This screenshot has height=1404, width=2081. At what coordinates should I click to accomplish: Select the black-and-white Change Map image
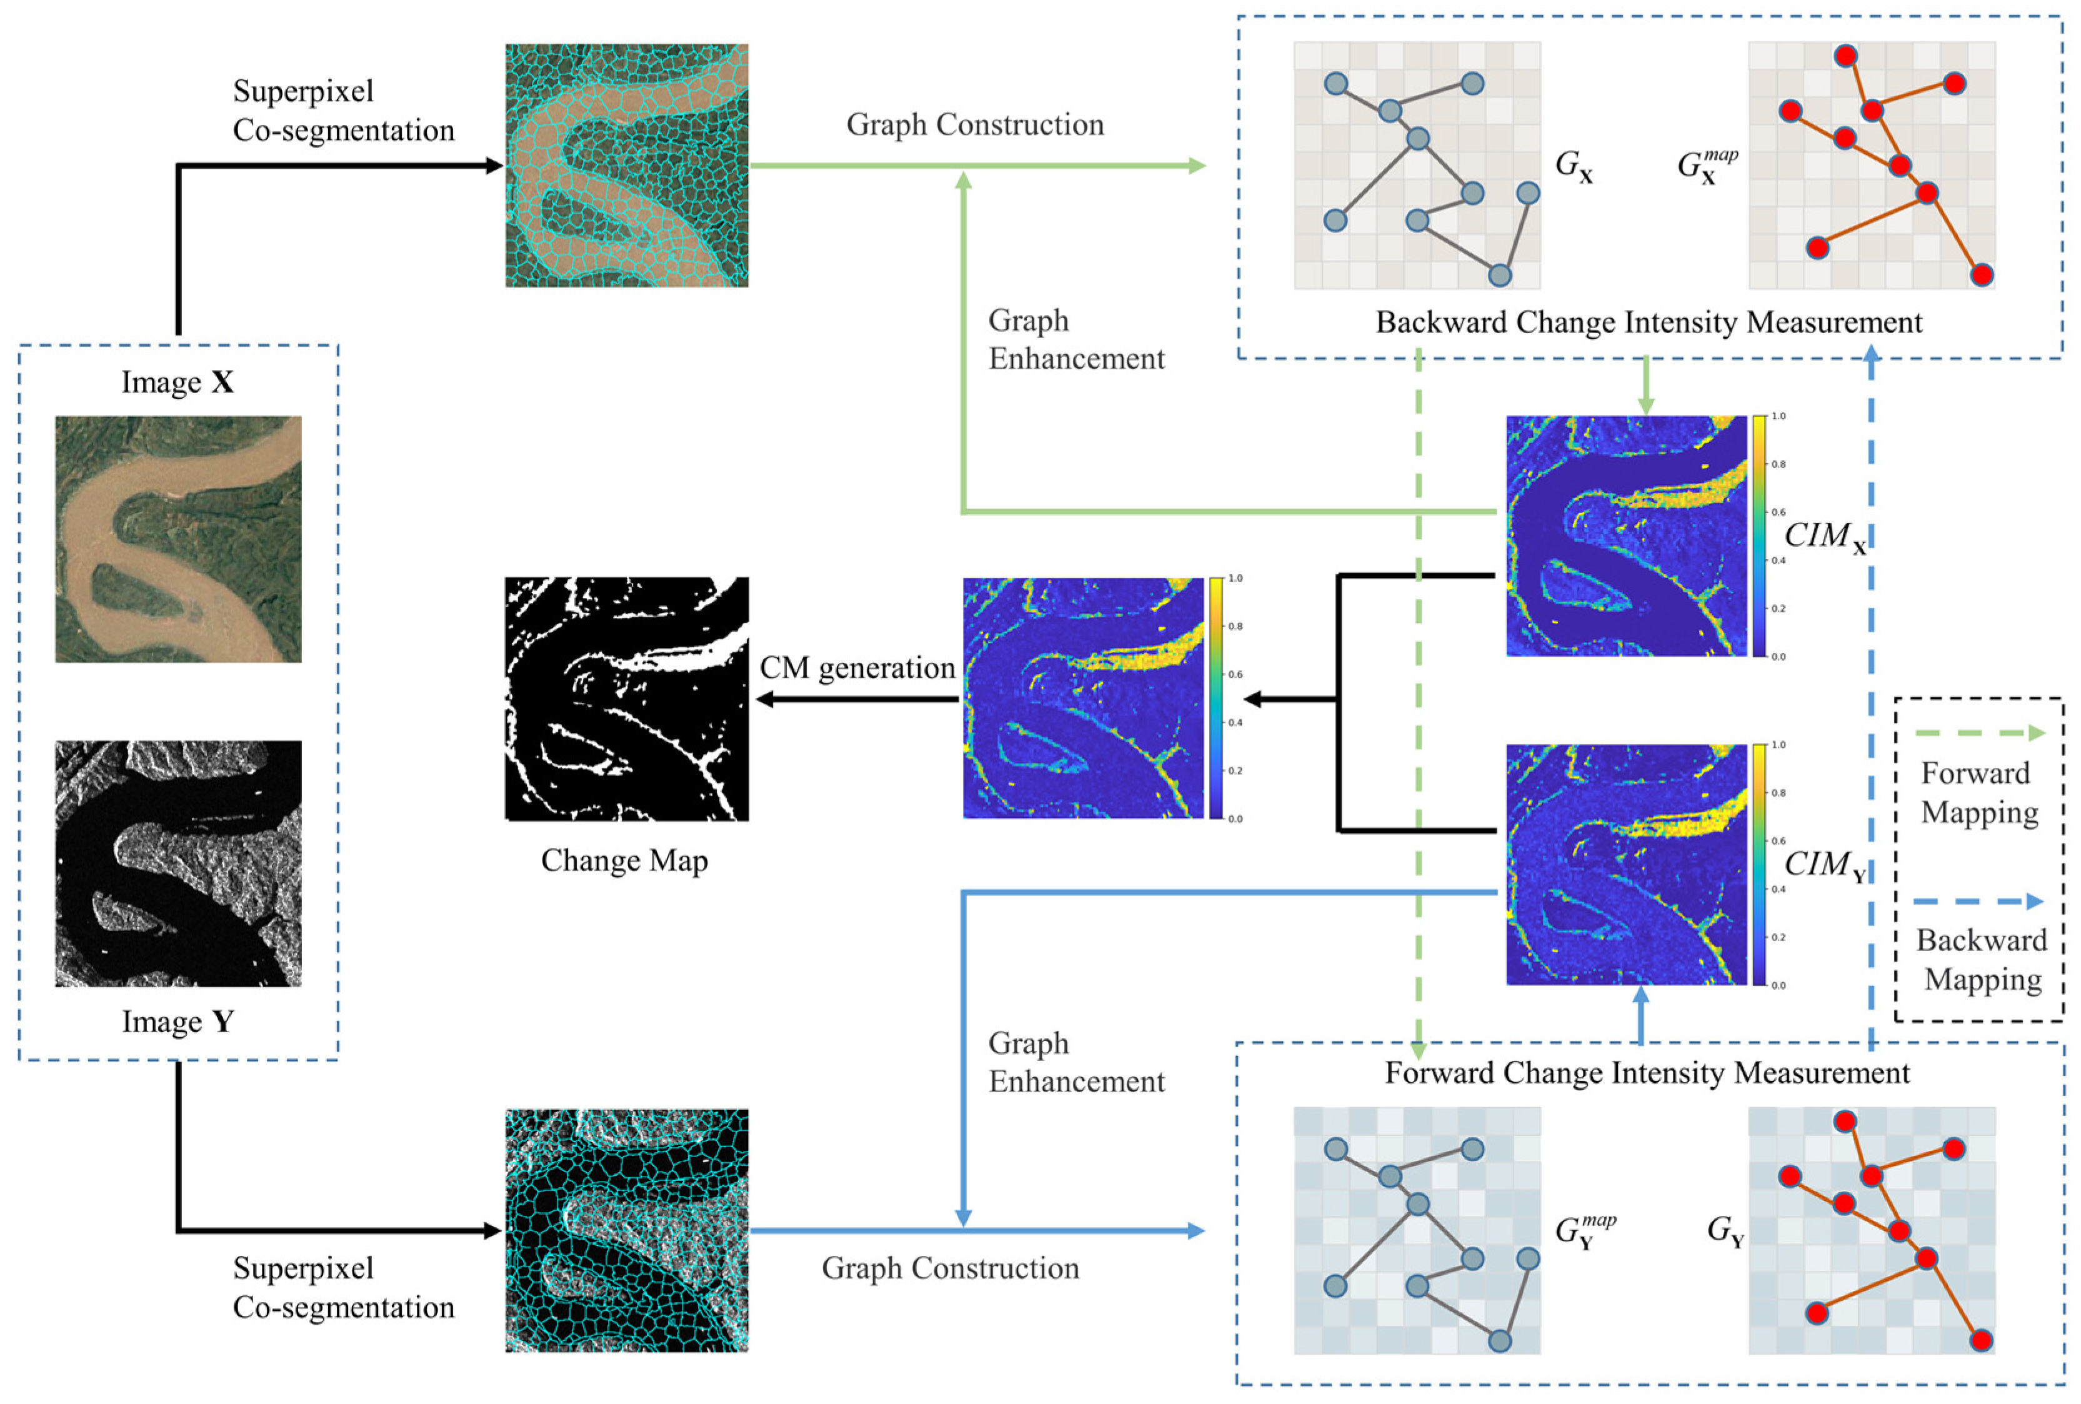[x=627, y=699]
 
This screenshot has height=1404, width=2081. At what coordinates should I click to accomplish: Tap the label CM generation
[x=857, y=668]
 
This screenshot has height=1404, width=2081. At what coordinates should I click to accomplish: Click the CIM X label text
[x=1825, y=536]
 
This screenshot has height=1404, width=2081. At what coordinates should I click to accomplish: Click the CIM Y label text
[x=1825, y=865]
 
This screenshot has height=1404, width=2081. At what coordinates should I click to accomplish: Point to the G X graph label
[x=1574, y=166]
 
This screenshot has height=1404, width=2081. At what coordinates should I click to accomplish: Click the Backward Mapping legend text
[x=1982, y=960]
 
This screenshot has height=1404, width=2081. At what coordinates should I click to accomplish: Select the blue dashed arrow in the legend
[x=1979, y=902]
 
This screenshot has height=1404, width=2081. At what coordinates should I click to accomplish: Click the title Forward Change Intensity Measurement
[x=1647, y=1073]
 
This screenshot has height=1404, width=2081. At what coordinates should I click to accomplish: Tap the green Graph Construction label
[x=975, y=124]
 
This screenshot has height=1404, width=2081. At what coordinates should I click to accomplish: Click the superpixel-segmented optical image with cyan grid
[x=627, y=166]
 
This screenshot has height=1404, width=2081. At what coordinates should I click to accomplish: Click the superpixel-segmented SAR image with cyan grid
[x=627, y=1230]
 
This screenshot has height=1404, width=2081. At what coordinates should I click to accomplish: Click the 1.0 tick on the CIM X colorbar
[x=1779, y=416]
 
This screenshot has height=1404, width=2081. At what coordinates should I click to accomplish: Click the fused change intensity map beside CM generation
[x=1084, y=699]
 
